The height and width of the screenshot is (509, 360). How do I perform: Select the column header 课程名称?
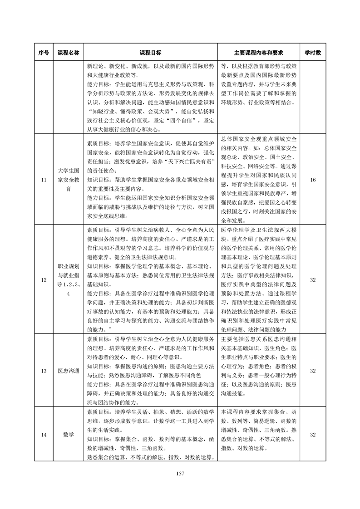pyautogui.click(x=68, y=53)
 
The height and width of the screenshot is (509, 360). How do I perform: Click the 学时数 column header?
pyautogui.click(x=312, y=53)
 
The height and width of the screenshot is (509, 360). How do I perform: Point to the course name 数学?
pyautogui.click(x=68, y=434)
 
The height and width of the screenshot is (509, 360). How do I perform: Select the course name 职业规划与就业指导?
pyautogui.click(x=68, y=280)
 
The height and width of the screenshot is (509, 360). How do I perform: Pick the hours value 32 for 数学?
pyautogui.click(x=312, y=434)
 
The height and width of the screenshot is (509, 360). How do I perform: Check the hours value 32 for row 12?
pyautogui.click(x=312, y=280)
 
